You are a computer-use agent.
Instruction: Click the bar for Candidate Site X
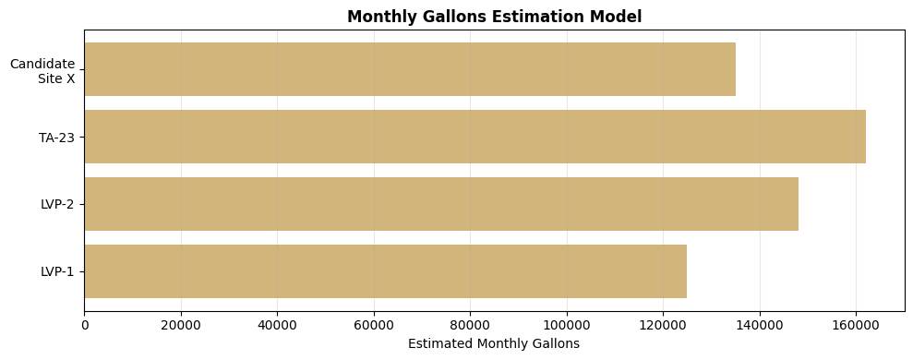click(410, 69)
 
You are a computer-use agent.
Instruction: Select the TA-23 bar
click(475, 137)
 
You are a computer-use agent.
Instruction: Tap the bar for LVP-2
click(441, 204)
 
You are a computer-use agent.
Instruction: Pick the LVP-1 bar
click(385, 271)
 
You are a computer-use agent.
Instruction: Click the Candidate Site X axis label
click(42, 71)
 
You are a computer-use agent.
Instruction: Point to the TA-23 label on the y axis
click(56, 138)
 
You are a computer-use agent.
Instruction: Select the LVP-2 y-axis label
click(57, 204)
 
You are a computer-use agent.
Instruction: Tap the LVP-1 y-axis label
click(57, 271)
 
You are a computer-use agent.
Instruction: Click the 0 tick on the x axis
click(85, 325)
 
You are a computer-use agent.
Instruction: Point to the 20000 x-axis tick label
click(181, 325)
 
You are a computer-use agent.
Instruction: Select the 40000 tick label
click(277, 325)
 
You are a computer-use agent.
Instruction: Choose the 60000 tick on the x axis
click(374, 325)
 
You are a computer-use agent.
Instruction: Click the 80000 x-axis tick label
click(470, 325)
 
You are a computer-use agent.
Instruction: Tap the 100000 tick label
click(567, 325)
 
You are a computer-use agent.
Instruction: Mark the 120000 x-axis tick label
click(663, 325)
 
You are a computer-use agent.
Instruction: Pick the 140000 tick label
click(760, 325)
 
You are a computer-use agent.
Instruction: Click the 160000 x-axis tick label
click(856, 325)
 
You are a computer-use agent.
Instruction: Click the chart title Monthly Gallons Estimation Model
click(494, 17)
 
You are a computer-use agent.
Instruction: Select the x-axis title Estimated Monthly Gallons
click(494, 343)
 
